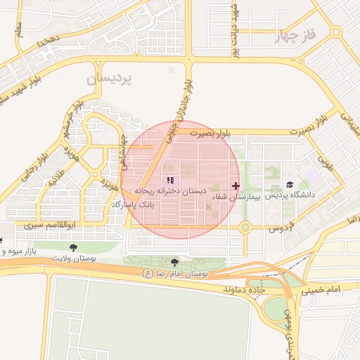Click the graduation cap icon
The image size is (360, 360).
coord(290,184)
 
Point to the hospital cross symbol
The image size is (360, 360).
coord(236,186)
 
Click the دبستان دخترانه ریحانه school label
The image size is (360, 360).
coord(169,191)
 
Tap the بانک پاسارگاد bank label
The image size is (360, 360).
coord(131,204)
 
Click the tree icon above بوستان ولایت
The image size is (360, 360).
coord(75,247)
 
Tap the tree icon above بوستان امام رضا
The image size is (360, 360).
coord(174,262)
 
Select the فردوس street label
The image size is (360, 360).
coord(281,229)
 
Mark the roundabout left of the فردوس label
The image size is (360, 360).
coord(245,227)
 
